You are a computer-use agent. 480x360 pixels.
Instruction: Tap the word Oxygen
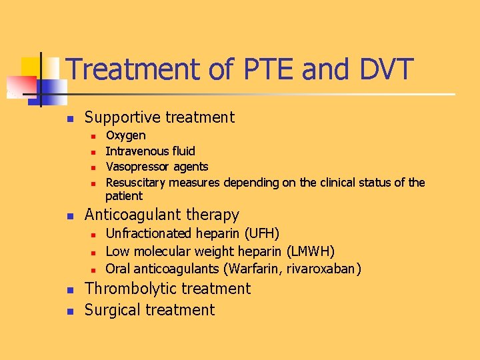point(126,136)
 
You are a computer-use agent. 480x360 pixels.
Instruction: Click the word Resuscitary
point(136,182)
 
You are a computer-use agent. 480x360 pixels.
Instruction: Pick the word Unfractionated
point(149,233)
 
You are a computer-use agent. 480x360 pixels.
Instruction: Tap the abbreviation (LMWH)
point(310,251)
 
